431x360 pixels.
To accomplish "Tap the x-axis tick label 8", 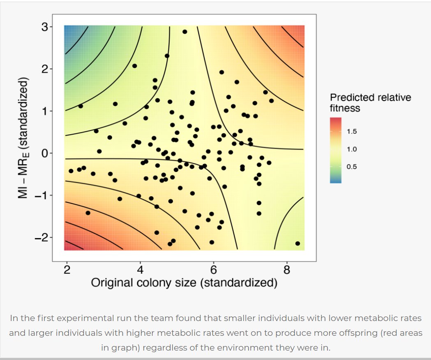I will (x=287, y=270).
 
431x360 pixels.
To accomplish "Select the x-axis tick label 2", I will (x=67, y=270).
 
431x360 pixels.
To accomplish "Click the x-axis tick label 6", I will (x=214, y=270).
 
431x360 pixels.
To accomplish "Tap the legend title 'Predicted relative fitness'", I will (x=370, y=103).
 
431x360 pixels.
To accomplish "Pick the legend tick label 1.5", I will (x=352, y=131).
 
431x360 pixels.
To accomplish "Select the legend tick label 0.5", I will (x=352, y=167).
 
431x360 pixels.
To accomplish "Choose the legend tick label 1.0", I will (x=352, y=149).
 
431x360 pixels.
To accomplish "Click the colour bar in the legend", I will (x=336, y=150).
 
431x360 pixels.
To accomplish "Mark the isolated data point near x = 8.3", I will (x=297, y=243).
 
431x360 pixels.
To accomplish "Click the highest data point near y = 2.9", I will (x=185, y=32).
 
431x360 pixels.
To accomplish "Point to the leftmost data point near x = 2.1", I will (x=71, y=171).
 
